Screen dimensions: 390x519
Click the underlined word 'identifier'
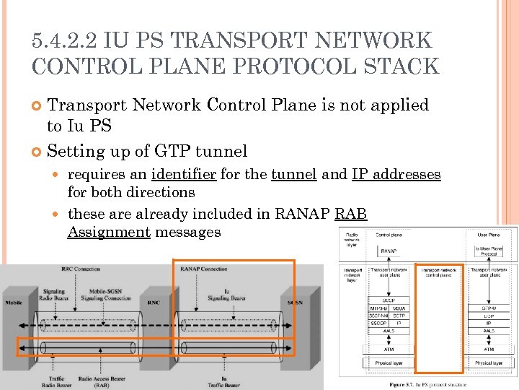pyautogui.click(x=185, y=175)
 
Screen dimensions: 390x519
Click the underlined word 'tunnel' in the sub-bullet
pyautogui.click(x=293, y=175)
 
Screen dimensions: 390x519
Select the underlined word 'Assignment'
pyautogui.click(x=109, y=232)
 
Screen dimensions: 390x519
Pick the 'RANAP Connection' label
pyautogui.click(x=203, y=269)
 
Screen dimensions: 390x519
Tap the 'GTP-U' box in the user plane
pyautogui.click(x=489, y=307)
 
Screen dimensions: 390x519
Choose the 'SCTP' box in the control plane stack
pyautogui.click(x=400, y=315)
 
